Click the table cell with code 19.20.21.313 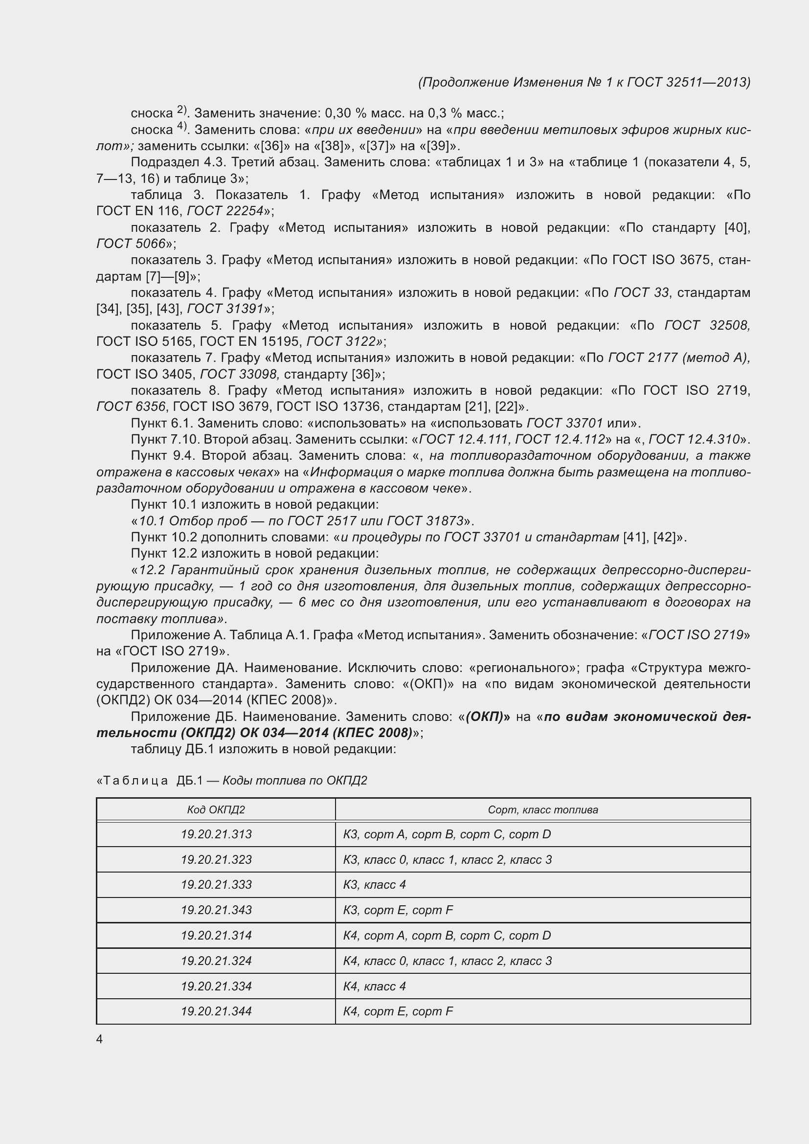click(x=216, y=834)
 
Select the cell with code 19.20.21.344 click(x=216, y=1011)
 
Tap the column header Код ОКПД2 click(x=216, y=809)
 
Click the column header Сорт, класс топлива click(x=542, y=809)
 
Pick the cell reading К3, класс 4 click(x=374, y=884)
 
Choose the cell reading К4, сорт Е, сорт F click(x=398, y=1011)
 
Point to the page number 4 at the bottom click(x=99, y=1039)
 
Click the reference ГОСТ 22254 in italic click(x=225, y=211)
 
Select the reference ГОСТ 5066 click(x=131, y=244)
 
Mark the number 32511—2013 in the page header click(x=707, y=82)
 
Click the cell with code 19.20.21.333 click(x=216, y=884)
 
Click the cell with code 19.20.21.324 click(x=216, y=961)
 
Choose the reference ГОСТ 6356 click(x=131, y=406)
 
